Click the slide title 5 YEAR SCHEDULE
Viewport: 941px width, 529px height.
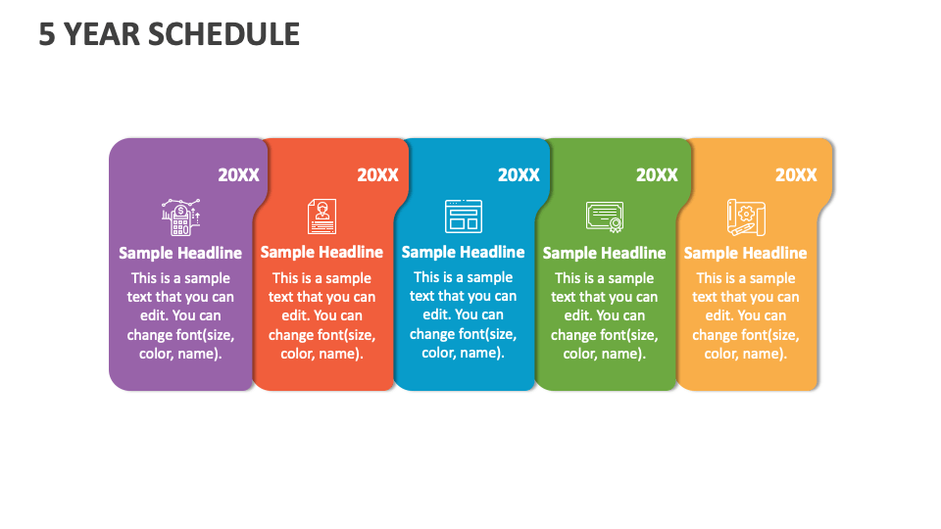[169, 34]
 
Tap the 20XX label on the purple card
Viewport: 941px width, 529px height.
[238, 175]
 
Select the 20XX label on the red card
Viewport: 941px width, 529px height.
[377, 175]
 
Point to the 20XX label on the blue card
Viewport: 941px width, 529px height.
[519, 175]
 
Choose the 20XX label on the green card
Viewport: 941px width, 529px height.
[657, 175]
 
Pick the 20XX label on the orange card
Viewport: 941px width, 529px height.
[796, 175]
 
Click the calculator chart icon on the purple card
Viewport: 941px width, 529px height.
[180, 216]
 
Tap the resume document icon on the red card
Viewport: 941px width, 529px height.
[322, 216]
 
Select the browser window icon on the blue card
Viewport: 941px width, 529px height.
[463, 216]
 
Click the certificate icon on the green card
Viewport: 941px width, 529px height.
[604, 216]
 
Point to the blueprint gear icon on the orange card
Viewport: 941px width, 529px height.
[745, 216]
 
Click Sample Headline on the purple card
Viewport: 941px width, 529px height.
[180, 253]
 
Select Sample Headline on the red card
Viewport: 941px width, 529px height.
[322, 253]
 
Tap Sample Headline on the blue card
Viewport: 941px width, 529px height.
[463, 252]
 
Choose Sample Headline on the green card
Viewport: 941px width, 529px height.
[604, 253]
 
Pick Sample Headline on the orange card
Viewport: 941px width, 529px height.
[745, 253]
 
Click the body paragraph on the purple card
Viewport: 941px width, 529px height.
[180, 315]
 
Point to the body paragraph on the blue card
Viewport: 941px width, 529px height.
[463, 314]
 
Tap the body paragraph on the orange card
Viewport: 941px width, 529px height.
[745, 315]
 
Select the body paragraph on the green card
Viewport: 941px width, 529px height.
[604, 315]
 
